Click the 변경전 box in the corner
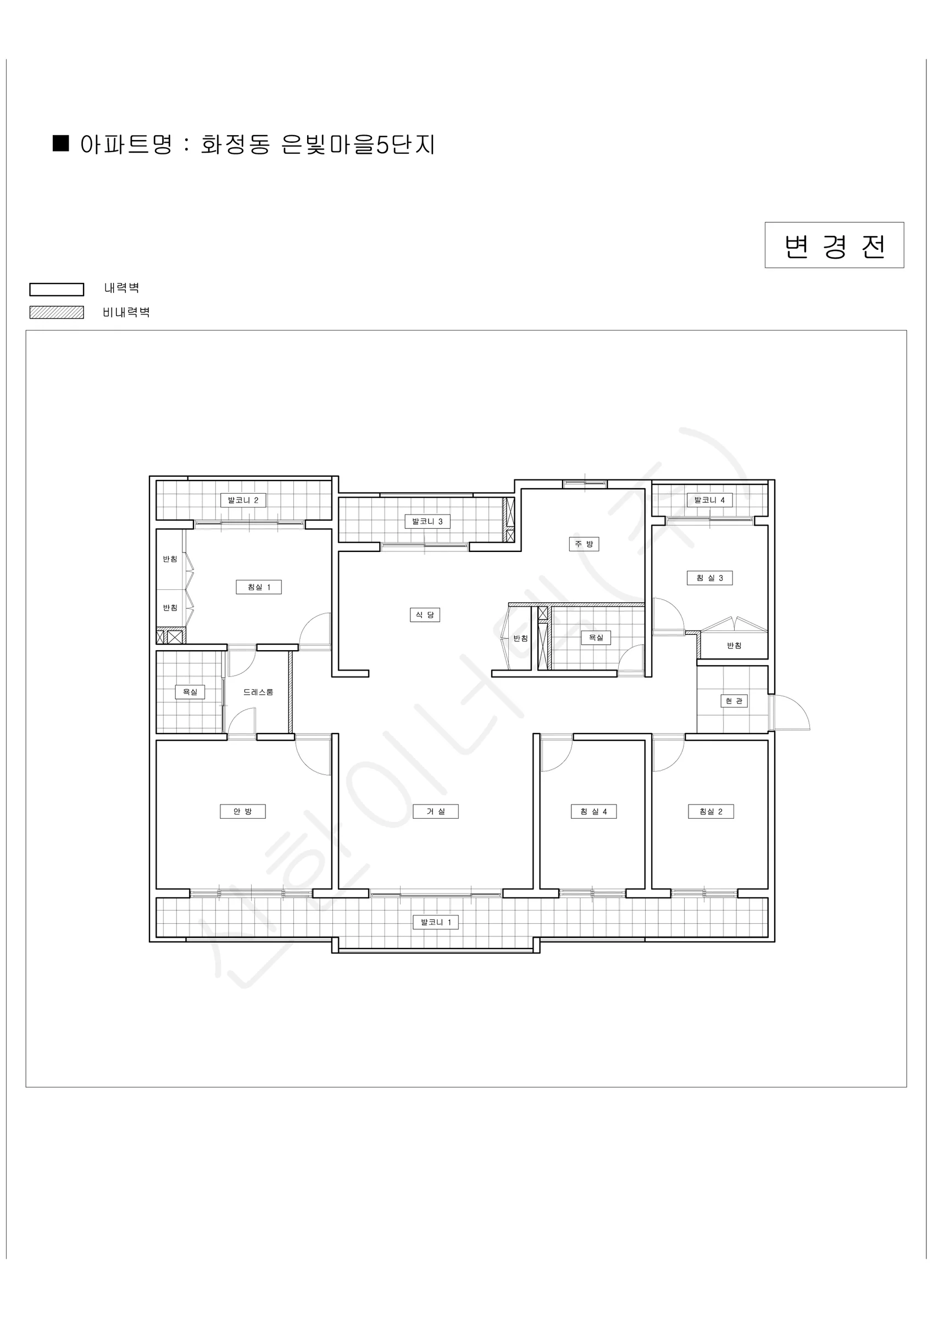coord(834,245)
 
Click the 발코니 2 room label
coord(243,500)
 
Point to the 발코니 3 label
coord(427,521)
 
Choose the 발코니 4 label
coord(709,500)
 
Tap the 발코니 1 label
coord(436,922)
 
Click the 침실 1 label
coord(259,587)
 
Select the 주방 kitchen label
coord(584,544)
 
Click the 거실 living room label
coord(436,811)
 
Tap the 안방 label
coord(243,811)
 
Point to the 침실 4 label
coord(593,811)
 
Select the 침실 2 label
coord(711,811)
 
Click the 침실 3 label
coord(710,578)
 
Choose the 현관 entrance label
coord(734,701)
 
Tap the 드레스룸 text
coord(258,692)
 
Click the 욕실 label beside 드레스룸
coord(190,692)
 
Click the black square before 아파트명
coord(61,143)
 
